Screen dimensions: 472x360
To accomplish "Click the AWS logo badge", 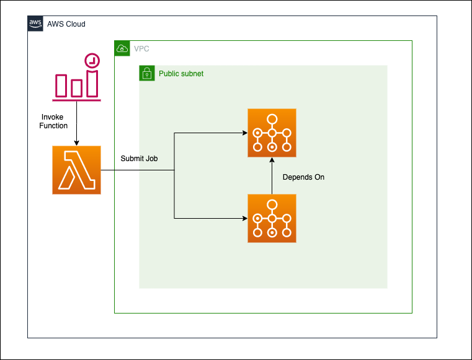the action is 35,24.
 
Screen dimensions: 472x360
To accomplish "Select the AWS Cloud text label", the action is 66,24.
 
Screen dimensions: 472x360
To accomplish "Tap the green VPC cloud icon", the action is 122,48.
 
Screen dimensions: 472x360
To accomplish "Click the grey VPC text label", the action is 141,49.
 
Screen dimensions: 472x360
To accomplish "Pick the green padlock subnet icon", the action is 147,73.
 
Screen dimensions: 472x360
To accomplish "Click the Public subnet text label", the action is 181,74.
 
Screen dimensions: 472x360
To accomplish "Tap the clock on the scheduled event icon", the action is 92,61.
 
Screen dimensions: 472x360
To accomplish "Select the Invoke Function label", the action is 53,121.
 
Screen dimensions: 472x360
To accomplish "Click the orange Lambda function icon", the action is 76,170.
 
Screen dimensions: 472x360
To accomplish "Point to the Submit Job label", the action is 139,159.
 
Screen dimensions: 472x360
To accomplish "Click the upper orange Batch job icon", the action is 272,133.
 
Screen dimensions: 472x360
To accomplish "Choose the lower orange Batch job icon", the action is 272,218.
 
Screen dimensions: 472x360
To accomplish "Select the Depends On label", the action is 303,177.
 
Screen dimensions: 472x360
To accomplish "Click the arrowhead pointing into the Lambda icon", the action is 76,143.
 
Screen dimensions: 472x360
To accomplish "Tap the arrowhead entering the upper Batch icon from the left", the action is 245,133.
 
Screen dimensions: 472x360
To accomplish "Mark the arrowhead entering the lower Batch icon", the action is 245,218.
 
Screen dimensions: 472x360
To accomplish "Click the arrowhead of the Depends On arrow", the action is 272,160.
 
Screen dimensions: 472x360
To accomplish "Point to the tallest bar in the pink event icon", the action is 92,84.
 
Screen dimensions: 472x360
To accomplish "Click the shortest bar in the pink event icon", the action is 76,88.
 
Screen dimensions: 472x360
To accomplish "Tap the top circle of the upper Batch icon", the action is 272,119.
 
